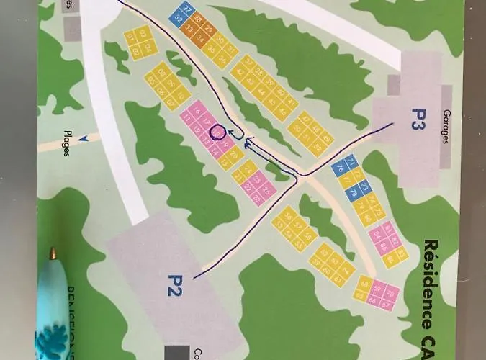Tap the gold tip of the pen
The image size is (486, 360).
[53, 253]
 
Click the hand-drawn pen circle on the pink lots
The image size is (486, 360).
[217, 132]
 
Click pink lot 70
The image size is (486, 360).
[391, 292]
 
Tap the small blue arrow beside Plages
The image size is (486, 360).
[84, 138]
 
